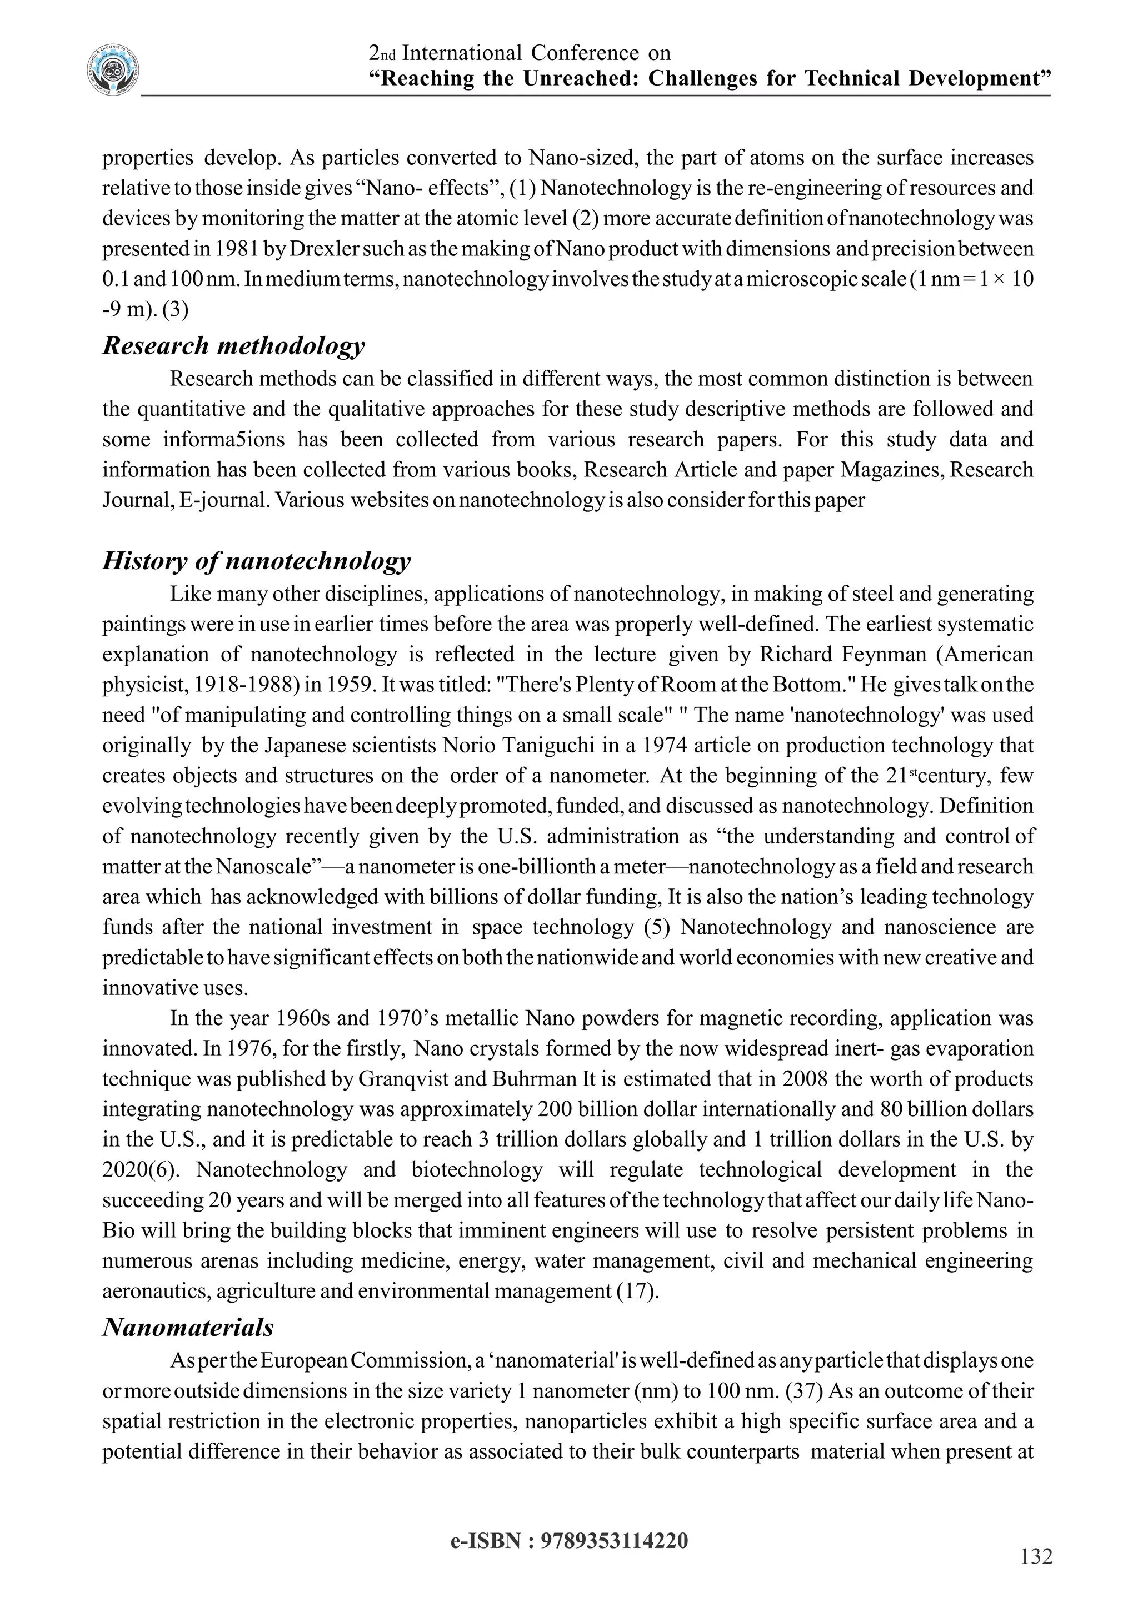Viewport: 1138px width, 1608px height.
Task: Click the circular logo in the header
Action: coord(113,70)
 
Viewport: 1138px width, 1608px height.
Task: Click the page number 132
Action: coord(1036,1556)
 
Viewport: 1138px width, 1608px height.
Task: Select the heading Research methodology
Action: coord(233,345)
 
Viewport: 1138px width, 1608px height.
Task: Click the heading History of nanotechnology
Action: coord(257,560)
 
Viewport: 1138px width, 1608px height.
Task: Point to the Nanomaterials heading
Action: coord(188,1327)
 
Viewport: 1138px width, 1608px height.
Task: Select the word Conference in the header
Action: coord(585,53)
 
